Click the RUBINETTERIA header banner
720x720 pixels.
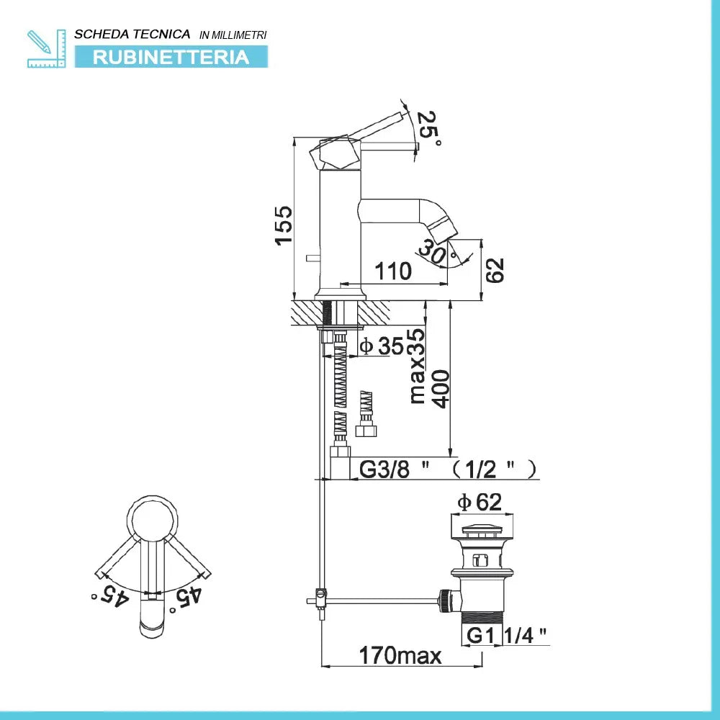point(171,57)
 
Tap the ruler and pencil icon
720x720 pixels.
point(45,48)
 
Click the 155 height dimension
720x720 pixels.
point(284,225)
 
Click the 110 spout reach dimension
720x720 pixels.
point(392,271)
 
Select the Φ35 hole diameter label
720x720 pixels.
point(382,346)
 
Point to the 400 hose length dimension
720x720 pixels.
point(440,390)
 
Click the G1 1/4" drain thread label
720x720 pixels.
point(505,634)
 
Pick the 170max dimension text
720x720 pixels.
point(400,655)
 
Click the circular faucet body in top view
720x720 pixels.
point(152,518)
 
